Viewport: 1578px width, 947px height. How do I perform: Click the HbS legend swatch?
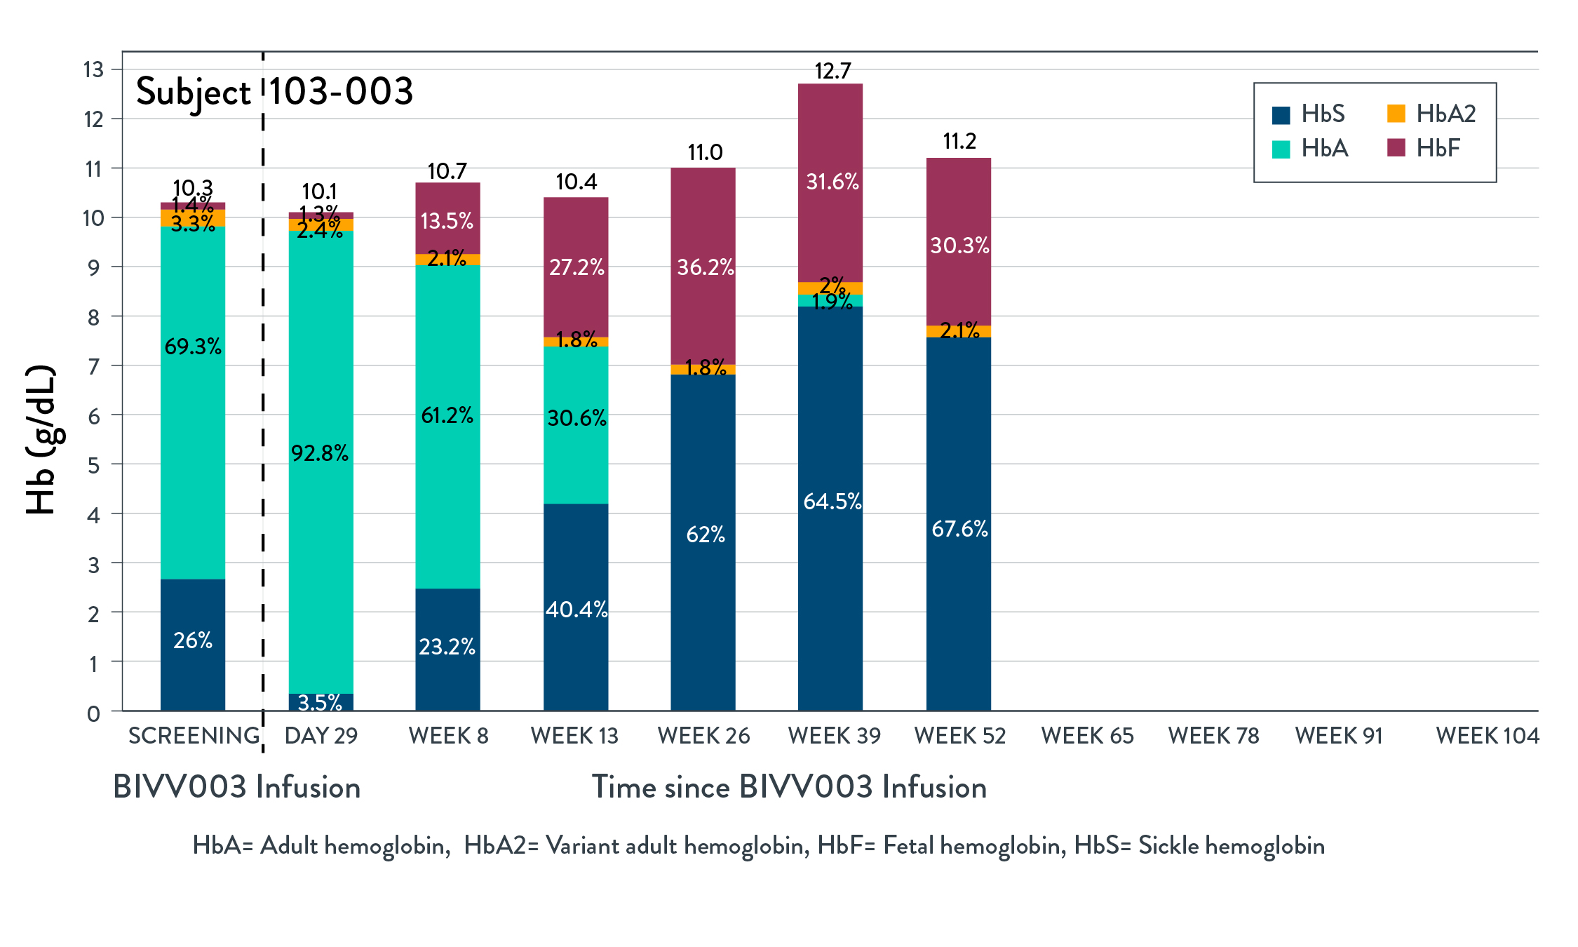1281,115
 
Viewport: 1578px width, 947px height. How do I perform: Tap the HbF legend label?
1438,148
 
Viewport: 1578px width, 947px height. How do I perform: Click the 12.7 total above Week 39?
832,71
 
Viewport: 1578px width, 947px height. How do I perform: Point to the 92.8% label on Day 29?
320,453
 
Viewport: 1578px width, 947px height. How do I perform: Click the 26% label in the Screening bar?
193,640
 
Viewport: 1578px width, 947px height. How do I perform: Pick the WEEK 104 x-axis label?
1487,736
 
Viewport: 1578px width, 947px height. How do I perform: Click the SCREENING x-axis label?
194,736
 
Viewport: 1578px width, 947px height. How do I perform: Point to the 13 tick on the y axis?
93,69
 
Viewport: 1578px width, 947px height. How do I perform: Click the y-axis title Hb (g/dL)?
41,440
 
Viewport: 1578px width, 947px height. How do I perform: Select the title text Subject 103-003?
274,92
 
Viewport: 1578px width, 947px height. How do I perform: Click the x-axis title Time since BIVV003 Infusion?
789,787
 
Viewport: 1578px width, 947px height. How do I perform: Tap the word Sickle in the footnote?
1168,845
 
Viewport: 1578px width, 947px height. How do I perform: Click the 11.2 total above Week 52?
959,141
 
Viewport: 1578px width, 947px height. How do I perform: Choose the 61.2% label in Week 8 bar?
447,415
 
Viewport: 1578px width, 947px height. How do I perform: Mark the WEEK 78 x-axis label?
1213,736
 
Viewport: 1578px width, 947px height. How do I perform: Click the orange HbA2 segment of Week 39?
830,288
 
